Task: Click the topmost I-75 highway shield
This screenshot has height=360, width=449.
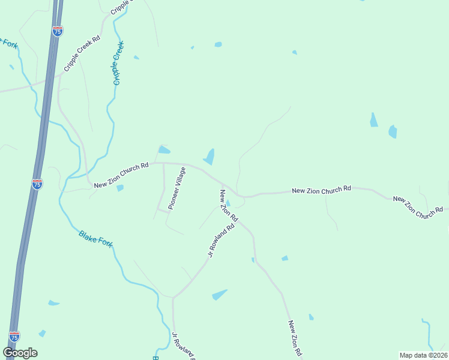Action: [57, 31]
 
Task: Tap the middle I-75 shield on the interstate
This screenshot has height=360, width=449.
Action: [37, 184]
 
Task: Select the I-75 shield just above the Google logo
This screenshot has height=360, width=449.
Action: [14, 337]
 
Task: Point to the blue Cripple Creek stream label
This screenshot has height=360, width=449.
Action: [118, 63]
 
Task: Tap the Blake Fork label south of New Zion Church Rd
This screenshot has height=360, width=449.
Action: [95, 239]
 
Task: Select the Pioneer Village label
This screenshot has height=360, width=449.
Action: [177, 188]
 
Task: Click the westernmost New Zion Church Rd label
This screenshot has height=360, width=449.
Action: [121, 175]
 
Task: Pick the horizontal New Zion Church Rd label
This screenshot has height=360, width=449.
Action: [321, 190]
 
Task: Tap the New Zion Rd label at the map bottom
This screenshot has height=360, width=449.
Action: [294, 338]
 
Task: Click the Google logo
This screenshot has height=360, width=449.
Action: [20, 353]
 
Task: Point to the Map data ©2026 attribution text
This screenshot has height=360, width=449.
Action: [423, 355]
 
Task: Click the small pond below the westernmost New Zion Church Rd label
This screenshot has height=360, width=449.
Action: [120, 188]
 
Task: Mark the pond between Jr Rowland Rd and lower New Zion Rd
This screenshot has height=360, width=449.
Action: [220, 295]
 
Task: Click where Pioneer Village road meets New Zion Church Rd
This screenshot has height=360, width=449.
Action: [164, 163]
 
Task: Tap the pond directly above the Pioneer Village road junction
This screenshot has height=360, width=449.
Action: [163, 149]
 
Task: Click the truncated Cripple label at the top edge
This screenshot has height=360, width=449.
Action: [119, 6]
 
